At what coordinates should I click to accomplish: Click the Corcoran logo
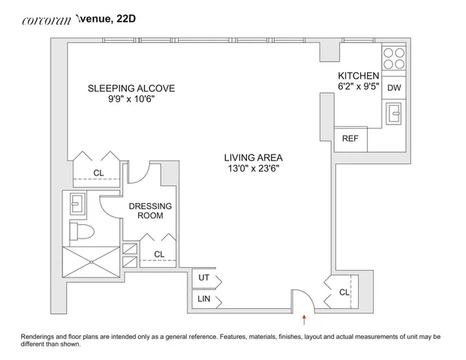point(47,20)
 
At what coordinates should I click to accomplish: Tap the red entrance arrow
point(304,320)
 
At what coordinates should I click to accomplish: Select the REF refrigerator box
point(350,139)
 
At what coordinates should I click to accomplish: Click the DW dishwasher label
point(394,88)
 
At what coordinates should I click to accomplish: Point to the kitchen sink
point(393,113)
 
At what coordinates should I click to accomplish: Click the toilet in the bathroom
point(82,231)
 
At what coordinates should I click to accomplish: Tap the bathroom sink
point(78,203)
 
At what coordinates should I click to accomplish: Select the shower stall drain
point(92,262)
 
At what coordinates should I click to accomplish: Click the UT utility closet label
point(204,277)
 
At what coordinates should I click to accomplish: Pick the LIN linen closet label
point(204,298)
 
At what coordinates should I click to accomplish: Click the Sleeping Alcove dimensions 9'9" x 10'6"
point(131,99)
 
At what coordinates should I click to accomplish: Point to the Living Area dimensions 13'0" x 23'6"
point(254,169)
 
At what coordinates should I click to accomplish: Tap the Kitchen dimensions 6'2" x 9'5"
point(359,86)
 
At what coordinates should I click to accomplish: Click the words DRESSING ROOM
point(150,211)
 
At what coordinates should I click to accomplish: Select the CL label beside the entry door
point(344,292)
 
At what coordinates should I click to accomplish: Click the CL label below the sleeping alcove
point(98,172)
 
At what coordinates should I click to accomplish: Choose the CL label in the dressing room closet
point(159,254)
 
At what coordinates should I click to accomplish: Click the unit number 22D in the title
point(126,19)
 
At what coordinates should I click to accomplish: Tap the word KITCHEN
point(359,76)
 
